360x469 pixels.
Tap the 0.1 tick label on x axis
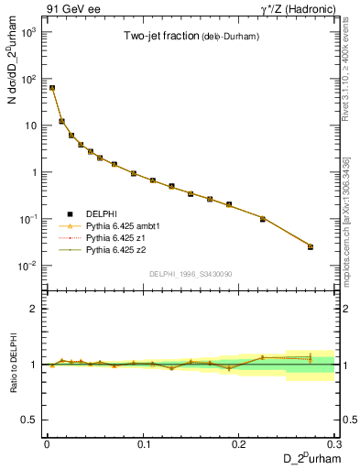point(143,442)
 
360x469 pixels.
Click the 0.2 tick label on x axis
point(240,442)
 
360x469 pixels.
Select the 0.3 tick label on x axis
point(335,442)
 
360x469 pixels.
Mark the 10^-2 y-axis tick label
point(29,267)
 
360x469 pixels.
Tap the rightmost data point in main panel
point(311,246)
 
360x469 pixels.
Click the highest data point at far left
point(52,88)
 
